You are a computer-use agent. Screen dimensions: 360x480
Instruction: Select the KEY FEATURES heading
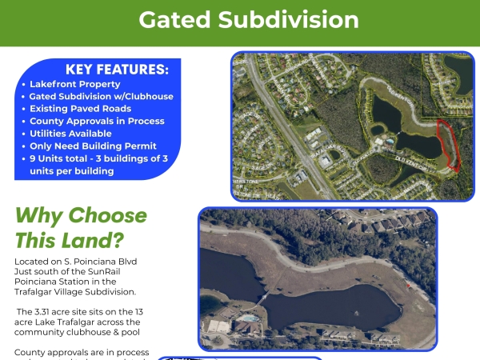coord(117,70)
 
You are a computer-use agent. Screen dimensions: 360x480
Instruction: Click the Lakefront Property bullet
coord(75,84)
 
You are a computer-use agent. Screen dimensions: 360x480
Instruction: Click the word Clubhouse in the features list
coord(147,97)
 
